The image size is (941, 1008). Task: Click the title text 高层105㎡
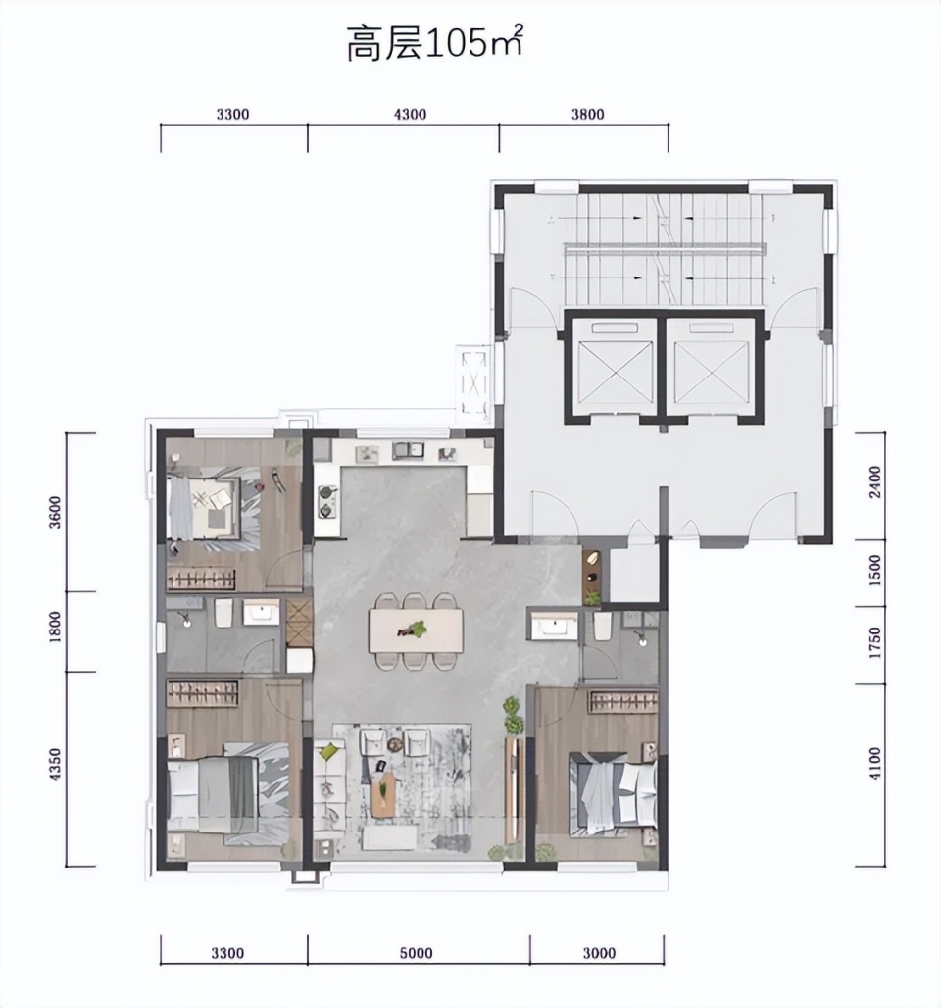coord(434,43)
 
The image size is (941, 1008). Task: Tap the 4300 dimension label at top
coord(410,115)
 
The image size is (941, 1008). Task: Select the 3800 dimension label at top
coord(587,115)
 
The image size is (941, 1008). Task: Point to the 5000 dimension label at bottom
coord(416,953)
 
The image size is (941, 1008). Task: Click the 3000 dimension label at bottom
coord(599,953)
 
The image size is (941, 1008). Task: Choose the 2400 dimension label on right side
coord(874,482)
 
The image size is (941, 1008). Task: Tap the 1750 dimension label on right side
coord(874,643)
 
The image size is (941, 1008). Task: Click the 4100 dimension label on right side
coord(874,763)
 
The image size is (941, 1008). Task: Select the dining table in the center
coord(416,630)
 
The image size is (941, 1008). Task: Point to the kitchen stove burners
coord(327,501)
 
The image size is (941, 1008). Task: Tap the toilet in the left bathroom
coord(223,613)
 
